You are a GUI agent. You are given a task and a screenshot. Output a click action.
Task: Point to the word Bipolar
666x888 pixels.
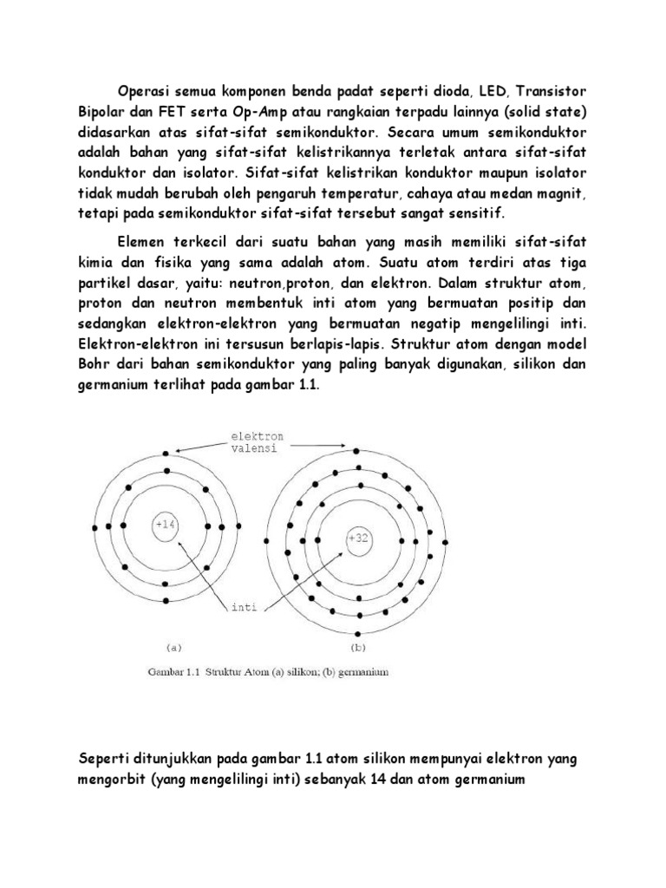pyautogui.click(x=102, y=112)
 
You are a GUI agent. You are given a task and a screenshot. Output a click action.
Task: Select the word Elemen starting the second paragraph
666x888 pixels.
pyautogui.click(x=143, y=242)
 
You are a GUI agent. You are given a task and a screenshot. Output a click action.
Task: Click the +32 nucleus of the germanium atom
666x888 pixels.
pyautogui.click(x=357, y=538)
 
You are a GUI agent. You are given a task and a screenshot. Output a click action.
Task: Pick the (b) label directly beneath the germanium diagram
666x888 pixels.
pyautogui.click(x=358, y=646)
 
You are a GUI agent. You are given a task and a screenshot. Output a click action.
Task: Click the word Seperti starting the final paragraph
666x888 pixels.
pyautogui.click(x=105, y=759)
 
